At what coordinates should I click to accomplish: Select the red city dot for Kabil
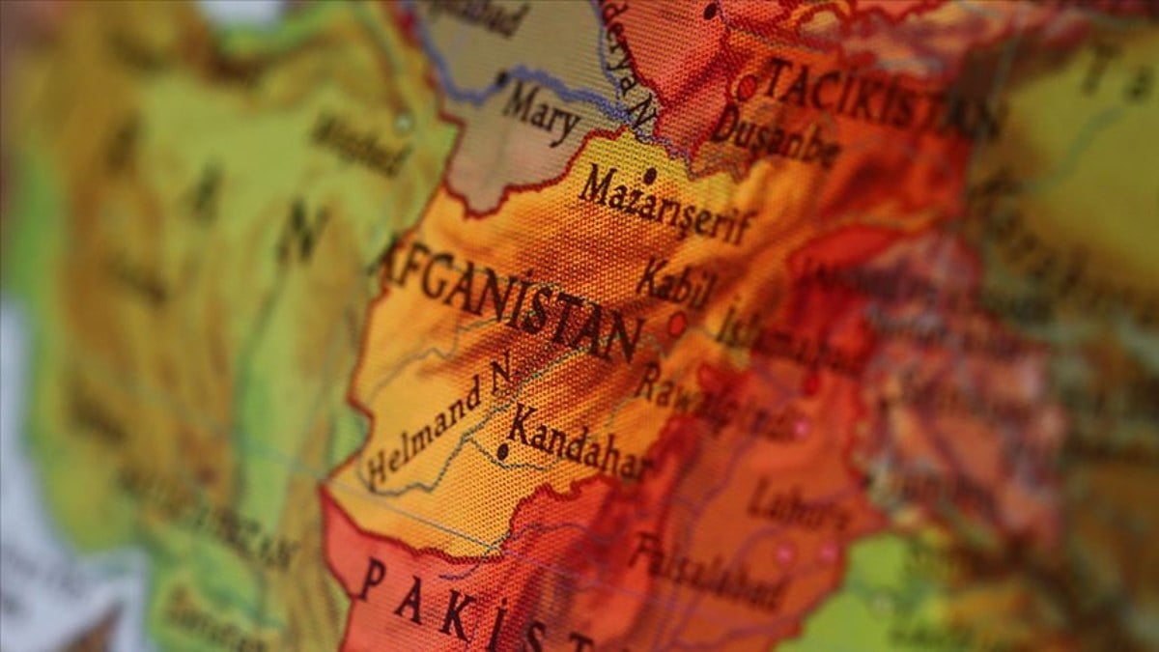pyautogui.click(x=677, y=324)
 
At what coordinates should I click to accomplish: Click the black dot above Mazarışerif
pyautogui.click(x=650, y=176)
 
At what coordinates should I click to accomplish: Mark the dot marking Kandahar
pyautogui.click(x=501, y=450)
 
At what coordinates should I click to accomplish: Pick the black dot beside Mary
pyautogui.click(x=501, y=79)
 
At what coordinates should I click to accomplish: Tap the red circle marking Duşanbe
pyautogui.click(x=746, y=88)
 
